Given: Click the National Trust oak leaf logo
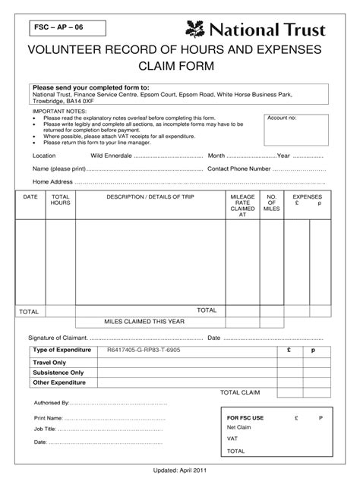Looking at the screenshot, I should pyautogui.click(x=196, y=30).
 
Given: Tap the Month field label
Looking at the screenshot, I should pyautogui.click(x=216, y=155).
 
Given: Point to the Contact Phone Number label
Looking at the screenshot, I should pyautogui.click(x=239, y=168).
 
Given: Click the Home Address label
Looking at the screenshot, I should pyautogui.click(x=52, y=182).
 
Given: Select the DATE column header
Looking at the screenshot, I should pyautogui.click(x=30, y=197).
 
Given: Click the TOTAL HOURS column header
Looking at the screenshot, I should pyautogui.click(x=60, y=200).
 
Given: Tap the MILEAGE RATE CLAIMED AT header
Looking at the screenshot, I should pyautogui.click(x=242, y=206).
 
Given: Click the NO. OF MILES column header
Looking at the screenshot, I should pyautogui.click(x=272, y=203).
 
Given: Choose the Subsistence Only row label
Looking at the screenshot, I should pyautogui.click(x=58, y=373).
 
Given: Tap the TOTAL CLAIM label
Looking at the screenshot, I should pyautogui.click(x=240, y=392).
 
